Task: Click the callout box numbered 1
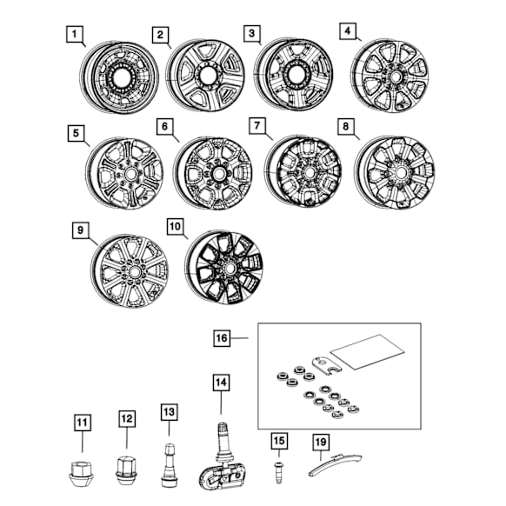(x=75, y=34)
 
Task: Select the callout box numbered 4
(x=347, y=31)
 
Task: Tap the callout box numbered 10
(x=176, y=227)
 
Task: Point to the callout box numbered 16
(x=222, y=338)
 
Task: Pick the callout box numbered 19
(x=321, y=443)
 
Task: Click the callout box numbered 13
(x=169, y=412)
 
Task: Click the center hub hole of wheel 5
(x=131, y=174)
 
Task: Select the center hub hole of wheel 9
(x=135, y=273)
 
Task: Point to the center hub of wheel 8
(x=401, y=173)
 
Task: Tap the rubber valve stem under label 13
(x=169, y=465)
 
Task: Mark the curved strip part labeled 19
(x=334, y=463)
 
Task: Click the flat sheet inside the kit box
(x=368, y=351)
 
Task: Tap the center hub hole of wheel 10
(x=230, y=269)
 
